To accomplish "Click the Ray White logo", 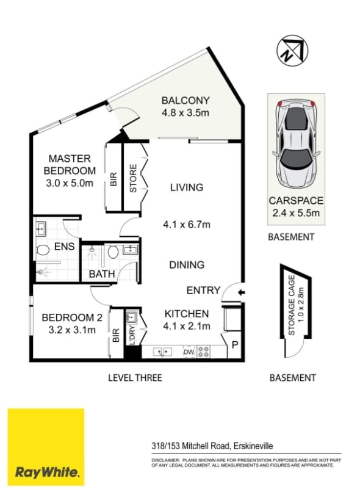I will [46, 447].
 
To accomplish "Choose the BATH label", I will [102, 274].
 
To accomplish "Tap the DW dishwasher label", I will [189, 352].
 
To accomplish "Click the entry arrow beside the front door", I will [241, 294].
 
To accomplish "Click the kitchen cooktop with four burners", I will [204, 352].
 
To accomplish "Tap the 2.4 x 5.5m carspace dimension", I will [296, 212].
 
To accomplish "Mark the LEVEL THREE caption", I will [135, 378].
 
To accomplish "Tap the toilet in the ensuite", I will [43, 250].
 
